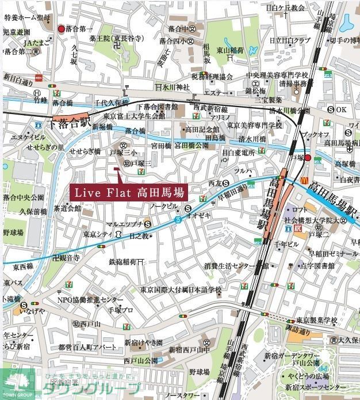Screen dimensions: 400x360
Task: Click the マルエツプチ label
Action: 124,224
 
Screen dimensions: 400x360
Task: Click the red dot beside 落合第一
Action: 62,28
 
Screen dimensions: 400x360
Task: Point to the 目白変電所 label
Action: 238,153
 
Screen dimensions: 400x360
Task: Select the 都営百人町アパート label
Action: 88,347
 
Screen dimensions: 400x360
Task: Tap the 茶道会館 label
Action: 67,208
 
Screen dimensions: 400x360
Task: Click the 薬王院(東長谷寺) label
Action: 117,39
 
